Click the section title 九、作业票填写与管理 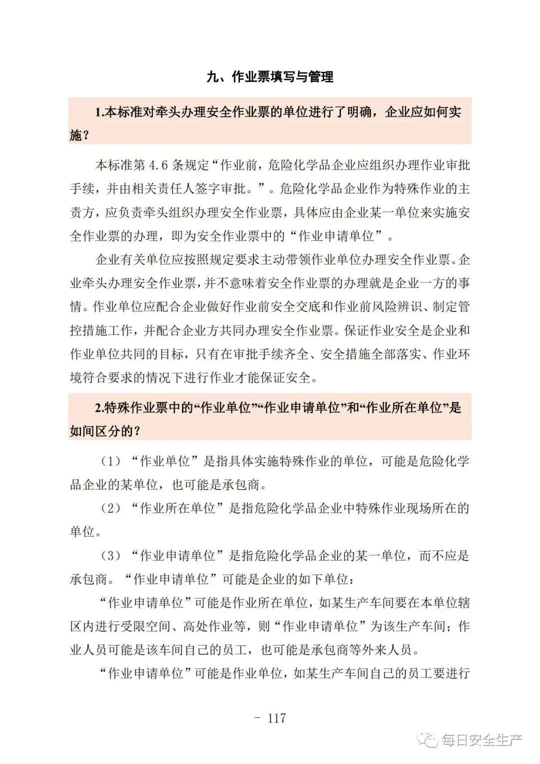[270, 76]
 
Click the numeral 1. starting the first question [98, 112]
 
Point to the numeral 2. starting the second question [98, 408]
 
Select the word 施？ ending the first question [79, 135]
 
